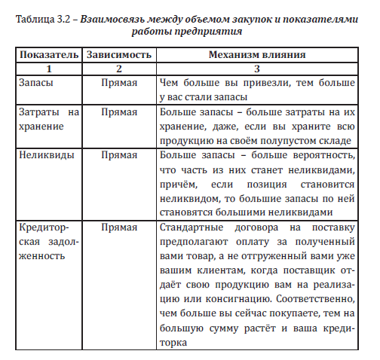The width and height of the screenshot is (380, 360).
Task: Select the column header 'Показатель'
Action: point(47,56)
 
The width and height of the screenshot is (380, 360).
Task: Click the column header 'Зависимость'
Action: point(118,56)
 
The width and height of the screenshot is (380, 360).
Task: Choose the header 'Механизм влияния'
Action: point(261,56)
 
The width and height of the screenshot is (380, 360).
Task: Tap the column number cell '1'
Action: point(47,69)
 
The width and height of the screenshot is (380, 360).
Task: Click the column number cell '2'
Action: point(118,69)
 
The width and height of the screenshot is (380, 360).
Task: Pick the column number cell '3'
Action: point(261,69)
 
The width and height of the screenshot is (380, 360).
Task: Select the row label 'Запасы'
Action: point(34,84)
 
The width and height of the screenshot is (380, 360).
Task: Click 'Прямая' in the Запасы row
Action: point(118,84)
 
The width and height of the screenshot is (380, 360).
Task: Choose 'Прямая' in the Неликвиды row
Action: point(118,154)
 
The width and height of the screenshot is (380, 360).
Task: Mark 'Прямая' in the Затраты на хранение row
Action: point(118,112)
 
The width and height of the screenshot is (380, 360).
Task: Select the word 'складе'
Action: point(335,140)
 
